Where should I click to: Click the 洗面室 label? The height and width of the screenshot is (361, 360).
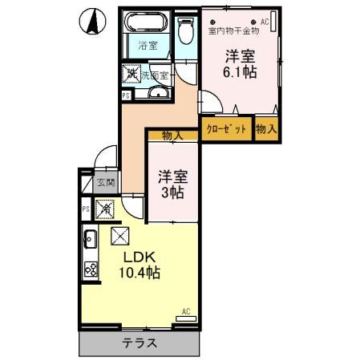point(155,75)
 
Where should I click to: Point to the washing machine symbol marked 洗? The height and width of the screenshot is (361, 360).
point(131,74)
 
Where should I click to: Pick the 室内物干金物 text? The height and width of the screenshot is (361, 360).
point(233,31)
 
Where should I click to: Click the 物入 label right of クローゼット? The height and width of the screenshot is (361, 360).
point(266,129)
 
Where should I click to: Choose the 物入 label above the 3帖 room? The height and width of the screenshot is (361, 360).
point(171,136)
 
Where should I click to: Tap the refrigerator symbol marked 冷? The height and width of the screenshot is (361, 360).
point(105,211)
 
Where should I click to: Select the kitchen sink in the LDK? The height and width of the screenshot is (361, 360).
point(89,238)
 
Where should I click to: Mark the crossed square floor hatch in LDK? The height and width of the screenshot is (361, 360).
point(119,236)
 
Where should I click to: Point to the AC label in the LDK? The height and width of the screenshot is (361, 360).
point(185,311)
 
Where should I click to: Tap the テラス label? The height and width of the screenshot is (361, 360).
point(140,344)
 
